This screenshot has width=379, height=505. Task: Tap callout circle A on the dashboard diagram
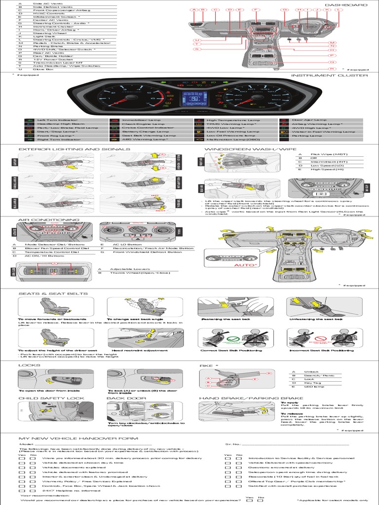(194, 10)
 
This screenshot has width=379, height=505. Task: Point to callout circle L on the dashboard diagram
(338, 10)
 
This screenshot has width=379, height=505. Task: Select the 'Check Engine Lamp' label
(143, 124)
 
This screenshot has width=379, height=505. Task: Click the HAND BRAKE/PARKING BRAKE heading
(244, 397)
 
